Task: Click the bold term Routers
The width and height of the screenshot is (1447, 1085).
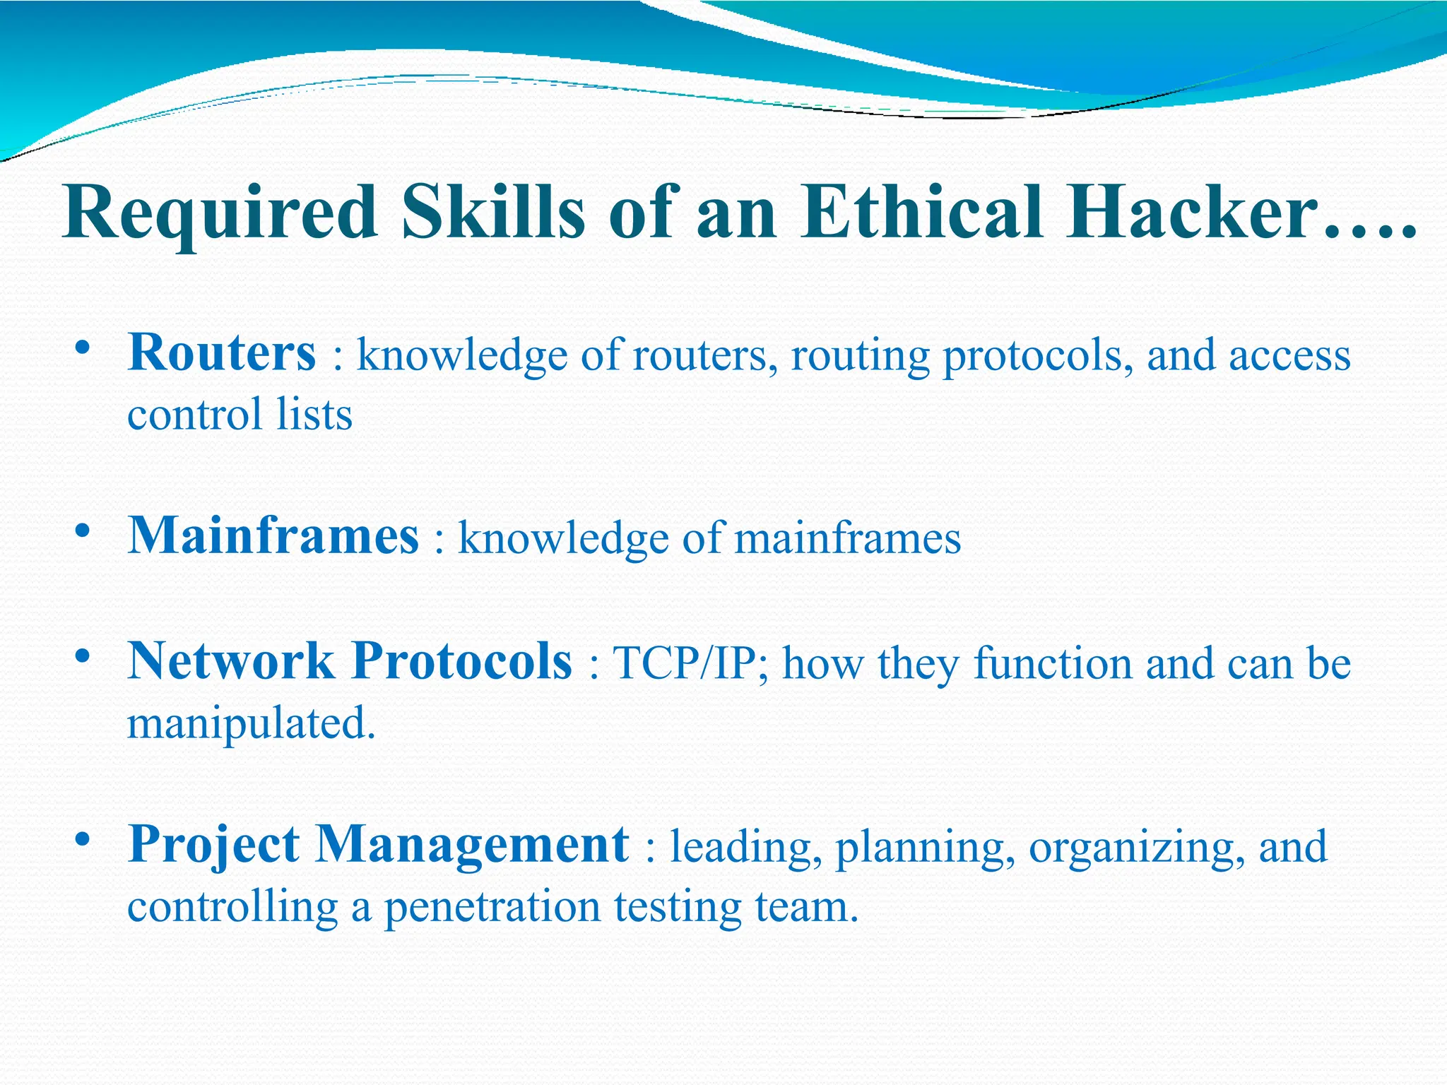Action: pos(221,352)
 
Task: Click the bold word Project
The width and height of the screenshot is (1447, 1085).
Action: pos(214,845)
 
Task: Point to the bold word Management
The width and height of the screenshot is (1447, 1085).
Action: pos(471,845)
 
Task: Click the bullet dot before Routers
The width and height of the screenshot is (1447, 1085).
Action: pos(83,348)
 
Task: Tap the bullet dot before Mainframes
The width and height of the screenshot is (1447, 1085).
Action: pos(83,530)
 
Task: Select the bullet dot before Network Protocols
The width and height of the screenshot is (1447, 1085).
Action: pos(83,656)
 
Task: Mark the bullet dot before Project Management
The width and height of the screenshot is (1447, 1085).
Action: pos(83,840)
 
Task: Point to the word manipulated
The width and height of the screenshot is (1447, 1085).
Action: pos(250,724)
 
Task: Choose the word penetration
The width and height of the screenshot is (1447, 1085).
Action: pos(492,906)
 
